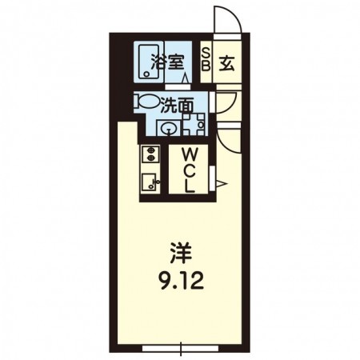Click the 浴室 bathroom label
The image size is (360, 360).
tap(172, 59)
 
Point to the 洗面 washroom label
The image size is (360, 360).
tap(176, 104)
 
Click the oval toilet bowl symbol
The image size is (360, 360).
tap(147, 104)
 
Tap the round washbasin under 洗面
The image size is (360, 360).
tap(168, 128)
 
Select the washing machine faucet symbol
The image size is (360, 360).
tap(193, 125)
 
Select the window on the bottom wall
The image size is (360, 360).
tap(180, 348)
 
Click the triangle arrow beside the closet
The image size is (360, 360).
tap(223, 185)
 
